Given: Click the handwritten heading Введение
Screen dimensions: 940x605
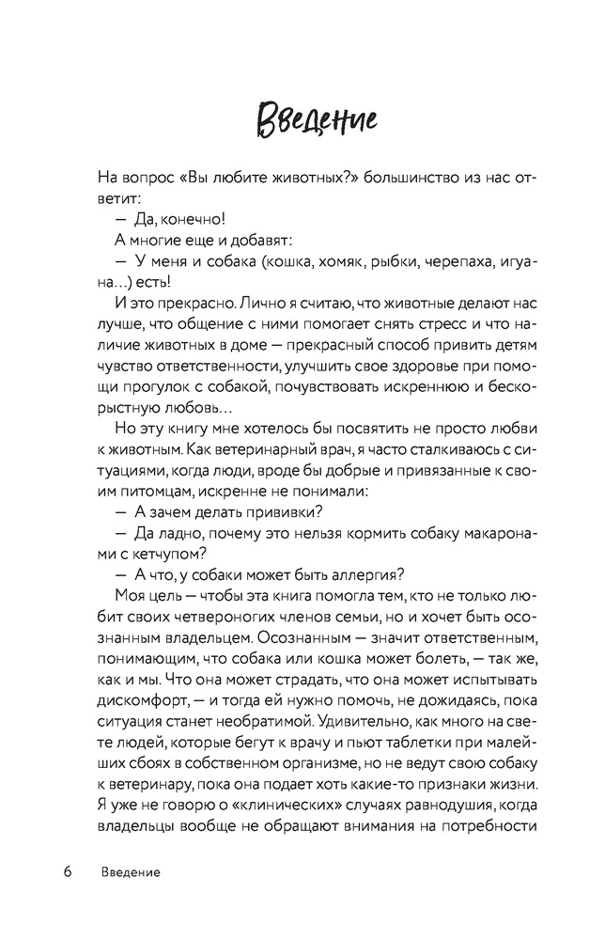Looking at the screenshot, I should coord(302,121).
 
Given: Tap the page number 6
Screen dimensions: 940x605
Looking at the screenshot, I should coord(69,872).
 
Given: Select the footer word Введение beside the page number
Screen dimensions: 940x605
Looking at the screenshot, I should coord(131,872).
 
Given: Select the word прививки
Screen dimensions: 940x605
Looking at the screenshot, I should coord(279,510).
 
